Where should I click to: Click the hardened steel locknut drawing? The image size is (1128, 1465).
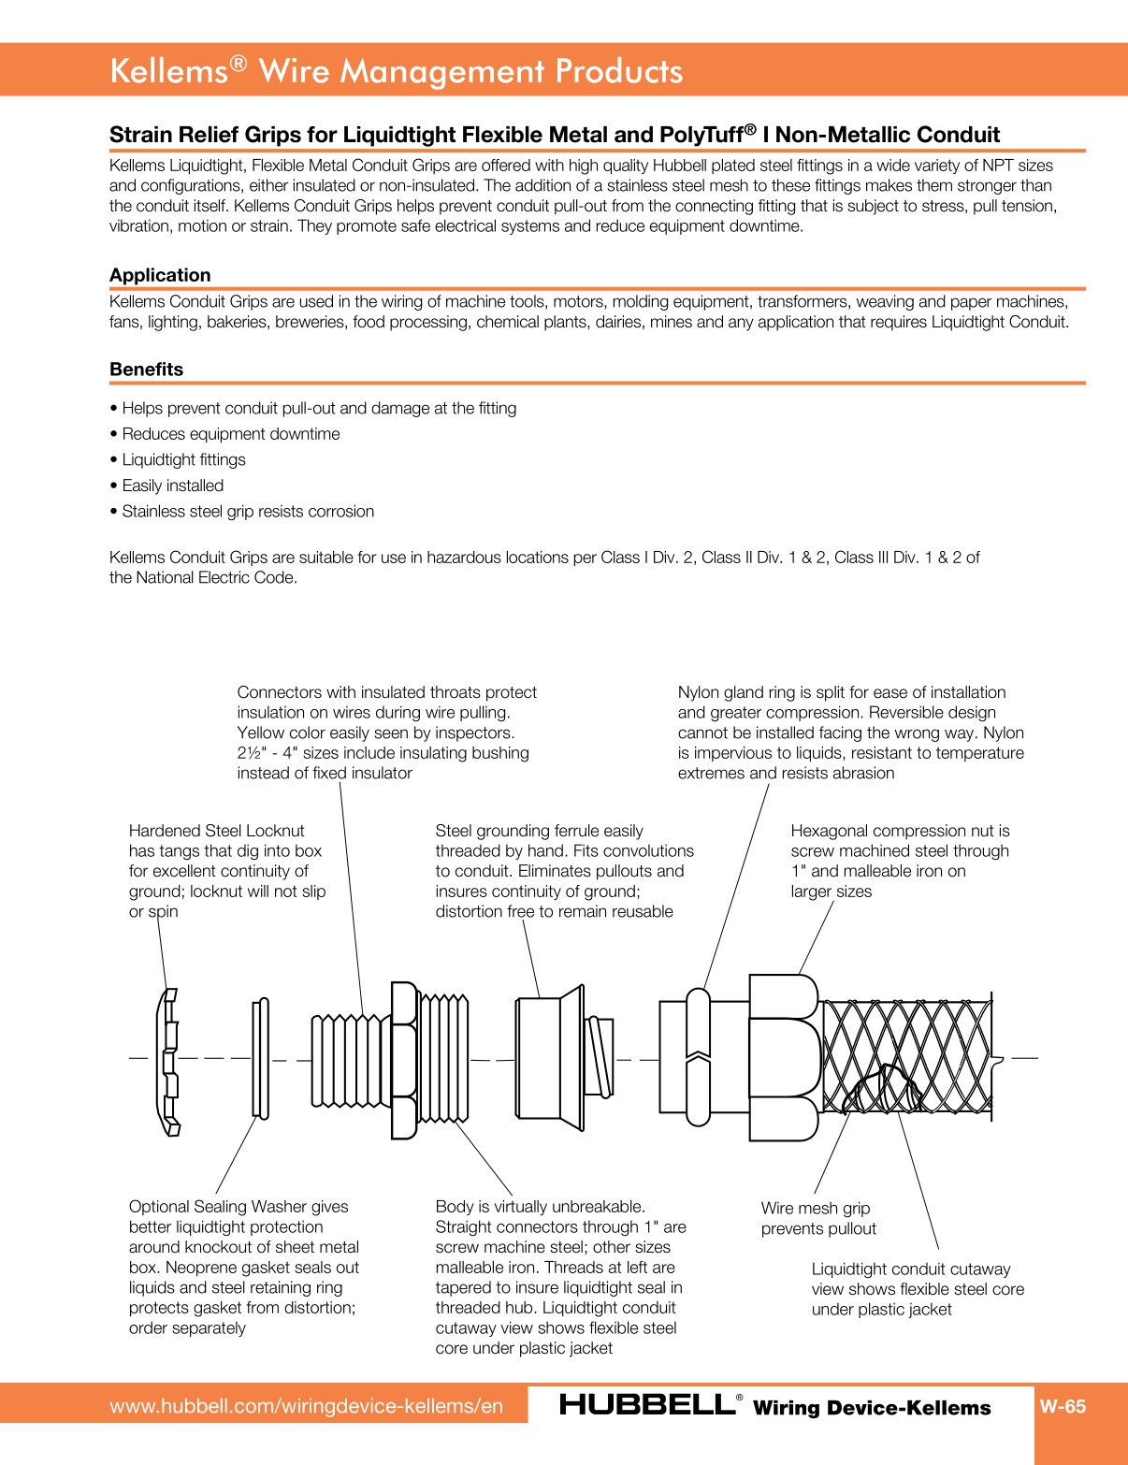(x=168, y=1061)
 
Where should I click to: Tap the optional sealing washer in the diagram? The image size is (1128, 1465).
(x=261, y=1058)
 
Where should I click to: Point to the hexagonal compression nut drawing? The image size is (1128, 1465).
(x=784, y=1058)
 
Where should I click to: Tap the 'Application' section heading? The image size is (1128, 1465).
(x=160, y=275)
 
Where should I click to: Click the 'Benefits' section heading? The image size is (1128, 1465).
(x=146, y=370)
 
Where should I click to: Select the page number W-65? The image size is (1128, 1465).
(x=1063, y=1406)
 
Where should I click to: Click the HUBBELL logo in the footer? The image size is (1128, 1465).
(x=646, y=1405)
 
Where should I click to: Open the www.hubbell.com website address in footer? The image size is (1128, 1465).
(x=306, y=1406)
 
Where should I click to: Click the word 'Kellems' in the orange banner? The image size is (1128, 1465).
(x=169, y=71)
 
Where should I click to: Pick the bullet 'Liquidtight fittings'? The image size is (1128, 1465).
(x=183, y=460)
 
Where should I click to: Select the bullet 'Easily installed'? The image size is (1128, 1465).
(x=173, y=486)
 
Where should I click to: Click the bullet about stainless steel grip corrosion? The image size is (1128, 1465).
(x=248, y=512)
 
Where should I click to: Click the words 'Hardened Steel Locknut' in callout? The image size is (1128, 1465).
(x=216, y=831)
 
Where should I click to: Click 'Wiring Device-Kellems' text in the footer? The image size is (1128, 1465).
(x=872, y=1408)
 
